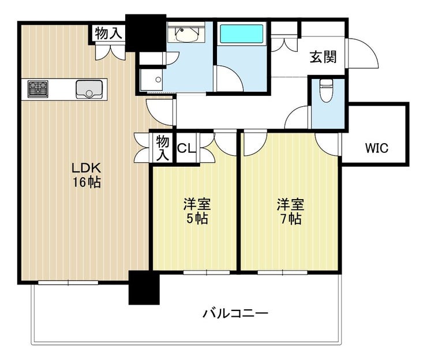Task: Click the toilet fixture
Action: (x=326, y=91)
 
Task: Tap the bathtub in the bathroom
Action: (x=242, y=34)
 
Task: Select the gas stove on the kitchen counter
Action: (x=38, y=89)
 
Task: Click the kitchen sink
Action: (x=89, y=89)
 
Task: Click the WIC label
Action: (x=377, y=148)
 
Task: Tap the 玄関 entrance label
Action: (x=323, y=57)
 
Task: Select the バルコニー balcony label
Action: (x=235, y=313)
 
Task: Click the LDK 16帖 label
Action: (x=87, y=175)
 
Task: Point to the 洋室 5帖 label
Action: (x=197, y=211)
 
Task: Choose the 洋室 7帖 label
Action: (x=291, y=211)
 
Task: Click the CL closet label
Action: (x=186, y=148)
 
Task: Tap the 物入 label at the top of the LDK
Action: (x=108, y=33)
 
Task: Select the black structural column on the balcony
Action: (x=144, y=287)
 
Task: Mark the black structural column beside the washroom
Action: (x=145, y=33)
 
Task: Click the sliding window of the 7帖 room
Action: (x=282, y=272)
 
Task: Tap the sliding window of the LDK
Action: (x=68, y=283)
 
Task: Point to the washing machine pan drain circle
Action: (x=158, y=80)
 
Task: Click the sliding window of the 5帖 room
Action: (x=207, y=272)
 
